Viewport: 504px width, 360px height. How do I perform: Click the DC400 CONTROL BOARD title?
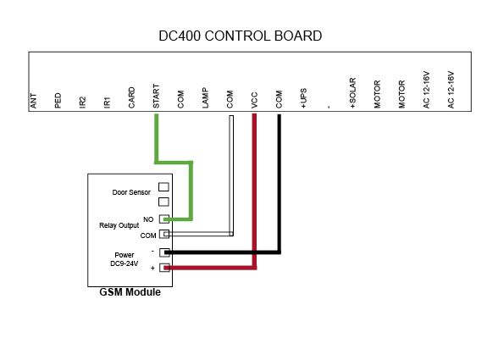click(240, 36)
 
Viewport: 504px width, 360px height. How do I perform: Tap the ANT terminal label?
click(33, 101)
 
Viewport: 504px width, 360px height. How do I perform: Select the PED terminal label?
click(58, 100)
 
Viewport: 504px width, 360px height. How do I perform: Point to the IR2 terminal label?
click(82, 102)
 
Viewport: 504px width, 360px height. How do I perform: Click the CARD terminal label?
click(131, 97)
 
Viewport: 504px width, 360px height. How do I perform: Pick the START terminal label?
click(156, 96)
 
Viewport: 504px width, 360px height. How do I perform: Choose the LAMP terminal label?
click(205, 97)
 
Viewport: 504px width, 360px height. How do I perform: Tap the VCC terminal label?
click(254, 100)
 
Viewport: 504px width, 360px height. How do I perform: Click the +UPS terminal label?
click(303, 98)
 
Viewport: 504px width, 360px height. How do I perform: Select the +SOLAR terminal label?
click(352, 92)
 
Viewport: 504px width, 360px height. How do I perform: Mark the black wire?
click(279, 193)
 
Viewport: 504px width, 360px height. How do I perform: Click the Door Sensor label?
click(131, 192)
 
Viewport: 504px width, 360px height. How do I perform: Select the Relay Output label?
click(119, 225)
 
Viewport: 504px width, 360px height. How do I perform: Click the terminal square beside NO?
click(164, 219)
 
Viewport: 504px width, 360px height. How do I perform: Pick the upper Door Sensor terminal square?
click(163, 186)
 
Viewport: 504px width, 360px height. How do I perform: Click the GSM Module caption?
click(130, 292)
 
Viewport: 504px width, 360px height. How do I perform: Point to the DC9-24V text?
click(124, 263)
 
